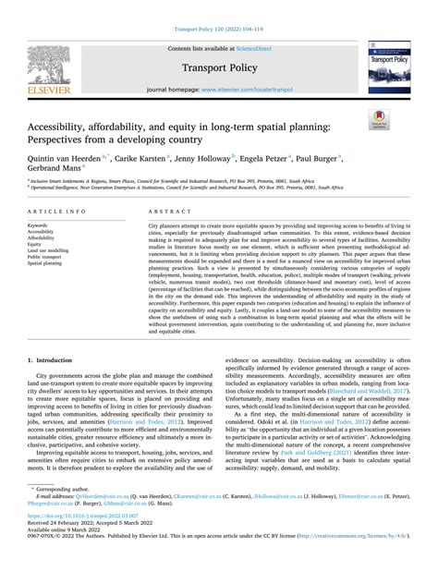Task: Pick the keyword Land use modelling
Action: [49, 251]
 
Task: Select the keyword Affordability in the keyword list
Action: [42, 238]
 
